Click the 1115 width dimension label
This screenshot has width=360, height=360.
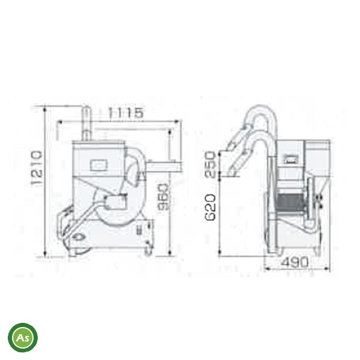(125, 113)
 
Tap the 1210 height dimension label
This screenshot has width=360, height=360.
(37, 168)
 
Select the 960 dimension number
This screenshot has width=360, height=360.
(163, 197)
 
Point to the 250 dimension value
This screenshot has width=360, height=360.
(210, 164)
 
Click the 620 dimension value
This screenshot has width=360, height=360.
(210, 208)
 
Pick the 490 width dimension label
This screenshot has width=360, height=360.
(295, 262)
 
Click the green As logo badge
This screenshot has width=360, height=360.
(23, 337)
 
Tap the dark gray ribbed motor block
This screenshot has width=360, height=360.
(290, 203)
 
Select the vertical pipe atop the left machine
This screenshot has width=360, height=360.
(87, 123)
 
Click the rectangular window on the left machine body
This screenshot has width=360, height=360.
(99, 166)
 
